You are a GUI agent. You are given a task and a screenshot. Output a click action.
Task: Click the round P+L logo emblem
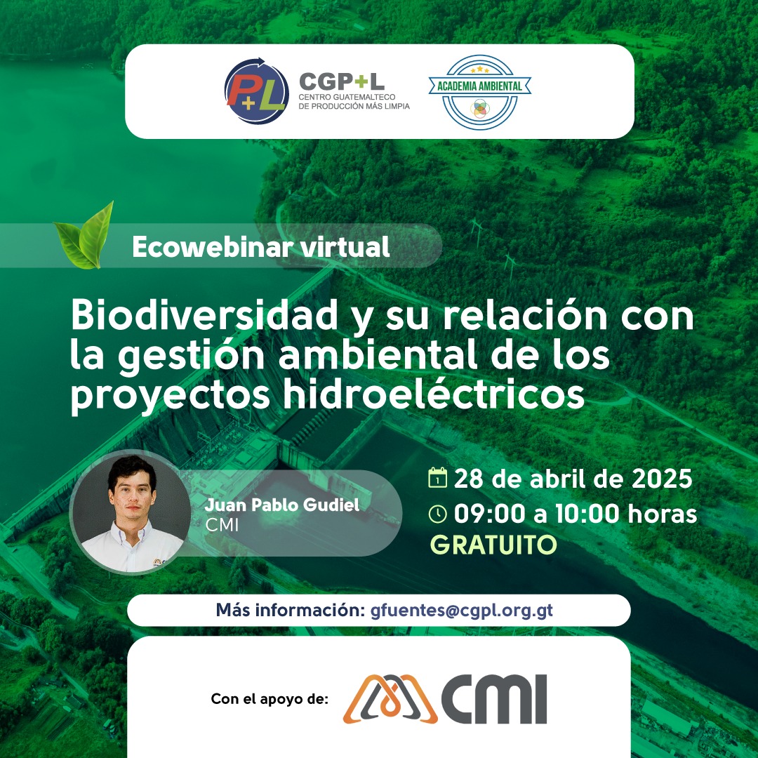tap(257, 91)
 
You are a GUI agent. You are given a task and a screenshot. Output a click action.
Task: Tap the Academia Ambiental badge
tap(479, 92)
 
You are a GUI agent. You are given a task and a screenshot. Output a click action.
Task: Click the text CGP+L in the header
tap(342, 81)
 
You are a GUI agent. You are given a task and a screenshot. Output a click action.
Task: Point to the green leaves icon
tap(84, 235)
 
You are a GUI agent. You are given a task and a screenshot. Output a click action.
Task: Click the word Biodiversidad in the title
tap(204, 314)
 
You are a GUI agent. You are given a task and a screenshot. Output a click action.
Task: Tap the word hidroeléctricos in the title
tap(434, 394)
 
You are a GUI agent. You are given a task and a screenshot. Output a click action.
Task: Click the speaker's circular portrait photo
tap(130, 512)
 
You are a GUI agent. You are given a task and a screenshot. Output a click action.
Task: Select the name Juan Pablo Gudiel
tap(282, 505)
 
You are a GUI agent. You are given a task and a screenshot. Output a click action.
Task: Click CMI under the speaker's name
tap(222, 525)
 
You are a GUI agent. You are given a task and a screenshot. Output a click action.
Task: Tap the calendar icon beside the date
tap(437, 478)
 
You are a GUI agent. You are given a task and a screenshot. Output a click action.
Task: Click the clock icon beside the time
tap(437, 514)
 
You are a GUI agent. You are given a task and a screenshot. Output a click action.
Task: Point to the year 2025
tap(662, 479)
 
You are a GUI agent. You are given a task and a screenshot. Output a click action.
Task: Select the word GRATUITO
tap(493, 545)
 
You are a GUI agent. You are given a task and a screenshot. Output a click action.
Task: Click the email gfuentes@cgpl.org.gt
tap(462, 611)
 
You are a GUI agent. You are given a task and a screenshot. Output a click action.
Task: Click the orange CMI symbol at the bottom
tap(391, 699)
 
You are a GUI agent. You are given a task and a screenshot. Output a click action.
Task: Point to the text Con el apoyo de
tap(270, 699)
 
